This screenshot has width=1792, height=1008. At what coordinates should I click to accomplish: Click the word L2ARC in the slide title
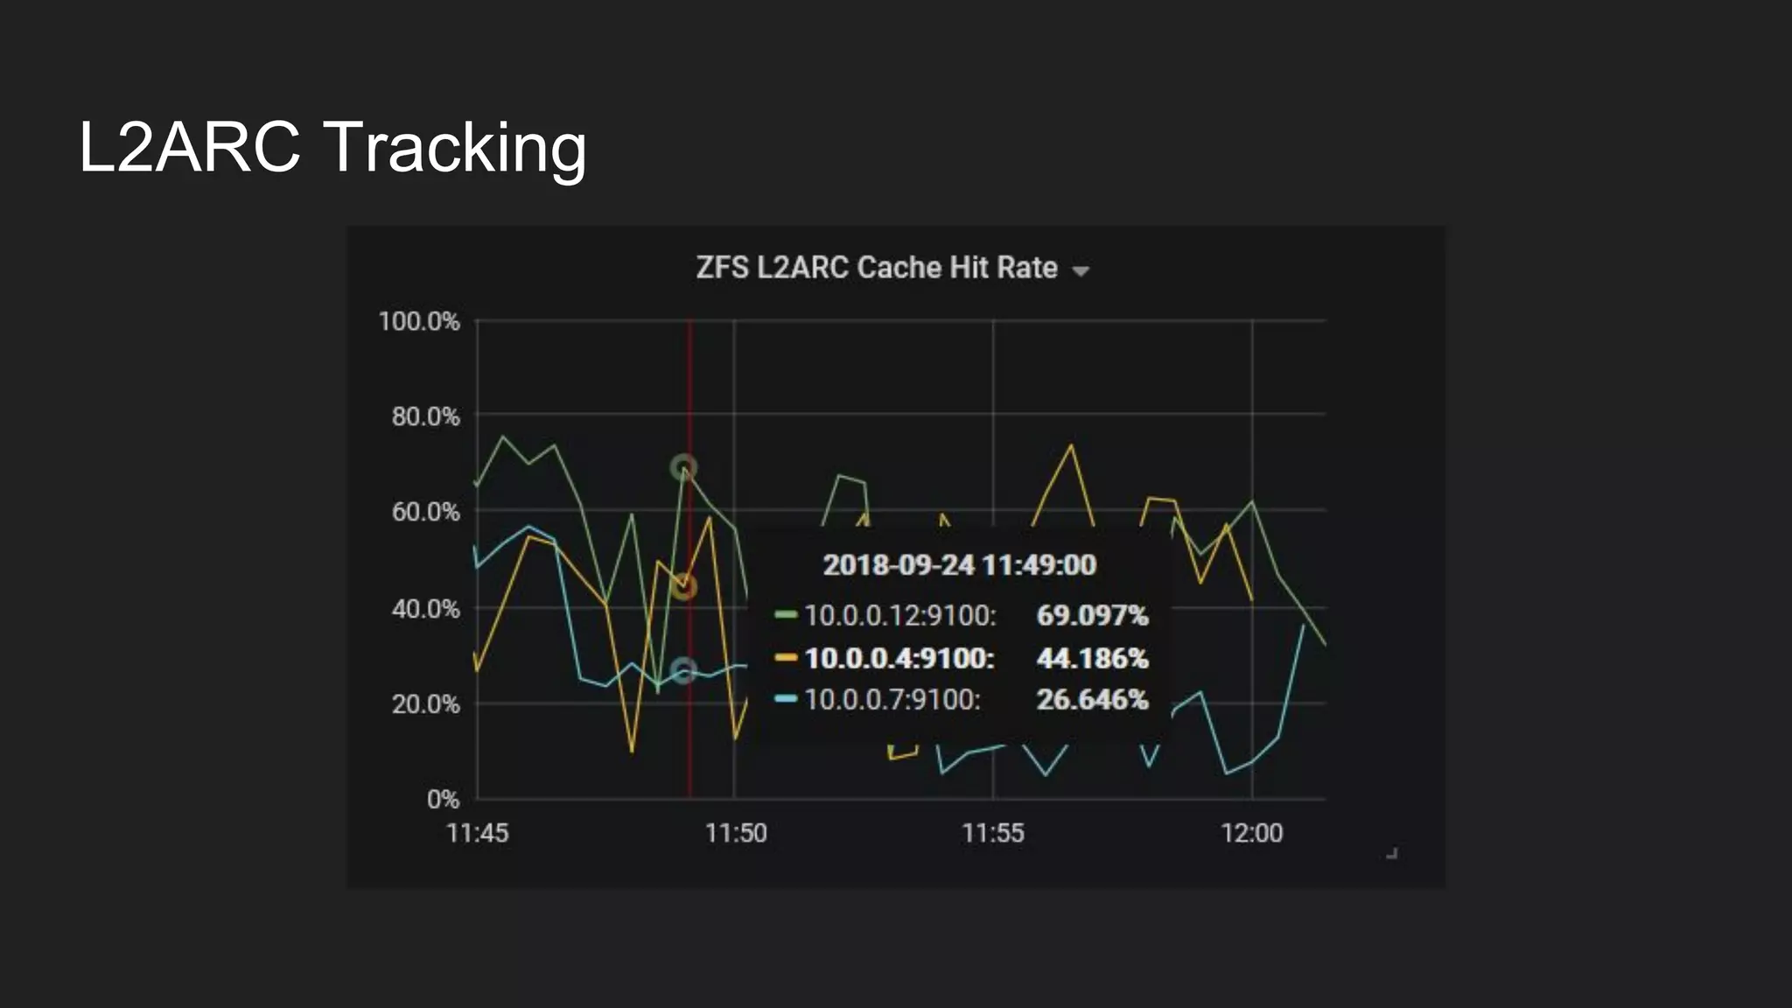coord(190,147)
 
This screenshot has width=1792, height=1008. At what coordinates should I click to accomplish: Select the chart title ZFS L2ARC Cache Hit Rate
coord(877,268)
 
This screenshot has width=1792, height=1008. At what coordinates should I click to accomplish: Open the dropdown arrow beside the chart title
coord(1081,271)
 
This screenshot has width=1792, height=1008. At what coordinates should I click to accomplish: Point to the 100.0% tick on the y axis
coord(419,321)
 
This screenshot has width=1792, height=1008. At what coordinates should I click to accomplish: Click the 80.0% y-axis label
coord(425,416)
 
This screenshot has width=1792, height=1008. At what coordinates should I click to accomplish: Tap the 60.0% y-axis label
coord(425,512)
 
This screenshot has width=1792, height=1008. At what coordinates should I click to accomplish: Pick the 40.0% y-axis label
coord(425,608)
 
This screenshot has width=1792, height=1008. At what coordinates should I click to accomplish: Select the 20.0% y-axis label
coord(425,703)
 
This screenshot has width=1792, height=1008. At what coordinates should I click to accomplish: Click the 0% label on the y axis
coord(443,799)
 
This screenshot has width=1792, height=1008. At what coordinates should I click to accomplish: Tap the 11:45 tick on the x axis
coord(477,833)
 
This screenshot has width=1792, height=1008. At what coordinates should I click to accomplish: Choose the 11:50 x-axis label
coord(736,833)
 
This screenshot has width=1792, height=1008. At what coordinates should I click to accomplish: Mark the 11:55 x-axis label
coord(993,833)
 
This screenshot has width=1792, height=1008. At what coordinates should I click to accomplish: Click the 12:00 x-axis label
coord(1252,833)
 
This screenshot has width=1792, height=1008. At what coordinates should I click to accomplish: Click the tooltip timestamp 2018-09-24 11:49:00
coord(959,565)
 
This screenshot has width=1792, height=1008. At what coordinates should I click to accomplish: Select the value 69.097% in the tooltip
coord(1092,615)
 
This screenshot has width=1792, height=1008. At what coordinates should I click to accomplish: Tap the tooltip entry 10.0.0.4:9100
coord(899,658)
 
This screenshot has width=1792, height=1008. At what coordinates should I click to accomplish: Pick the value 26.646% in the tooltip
coord(1092,700)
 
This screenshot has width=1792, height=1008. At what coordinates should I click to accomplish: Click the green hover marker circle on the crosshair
coord(683,467)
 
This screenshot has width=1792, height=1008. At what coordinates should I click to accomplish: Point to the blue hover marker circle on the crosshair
coord(683,671)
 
